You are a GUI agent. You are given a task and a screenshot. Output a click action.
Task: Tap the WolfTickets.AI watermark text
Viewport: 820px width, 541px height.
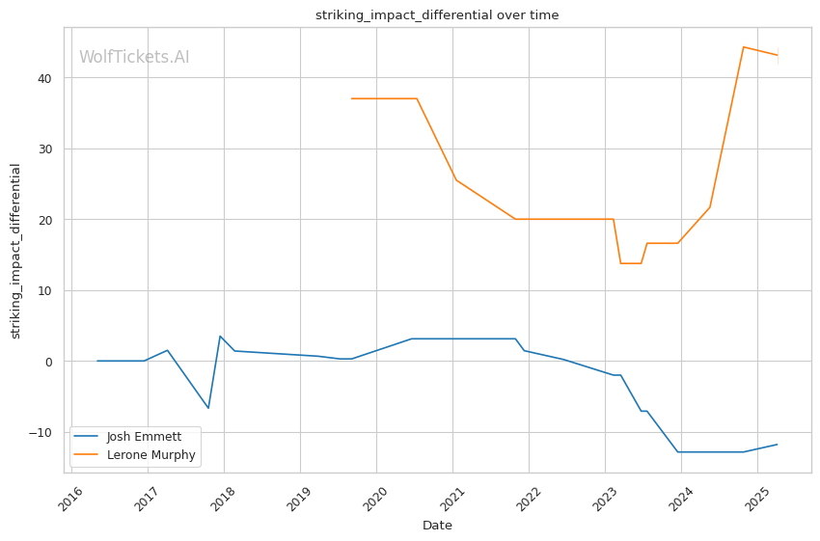coord(134,58)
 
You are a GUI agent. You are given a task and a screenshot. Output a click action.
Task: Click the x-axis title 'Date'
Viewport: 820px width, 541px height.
coord(437,526)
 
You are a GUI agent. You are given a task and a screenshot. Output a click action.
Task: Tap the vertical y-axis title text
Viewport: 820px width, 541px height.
coord(15,251)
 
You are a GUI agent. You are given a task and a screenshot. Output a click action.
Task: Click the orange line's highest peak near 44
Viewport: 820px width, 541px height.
coord(743,46)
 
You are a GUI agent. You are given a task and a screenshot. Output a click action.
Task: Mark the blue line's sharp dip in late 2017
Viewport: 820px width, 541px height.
coord(208,408)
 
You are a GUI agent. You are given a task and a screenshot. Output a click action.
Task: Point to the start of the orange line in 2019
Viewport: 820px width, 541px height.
coord(352,98)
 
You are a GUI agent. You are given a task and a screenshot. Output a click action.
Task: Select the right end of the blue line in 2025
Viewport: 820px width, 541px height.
coord(778,445)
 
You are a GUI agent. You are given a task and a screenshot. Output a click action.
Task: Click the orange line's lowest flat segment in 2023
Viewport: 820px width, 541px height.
coord(631,263)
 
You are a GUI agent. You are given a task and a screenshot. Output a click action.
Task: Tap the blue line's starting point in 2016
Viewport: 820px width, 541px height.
coord(97,361)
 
